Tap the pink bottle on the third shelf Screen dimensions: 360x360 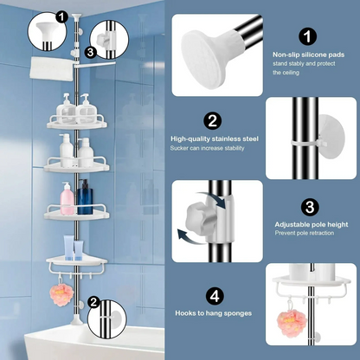point(67,202)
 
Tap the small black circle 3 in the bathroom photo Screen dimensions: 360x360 point(90,51)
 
